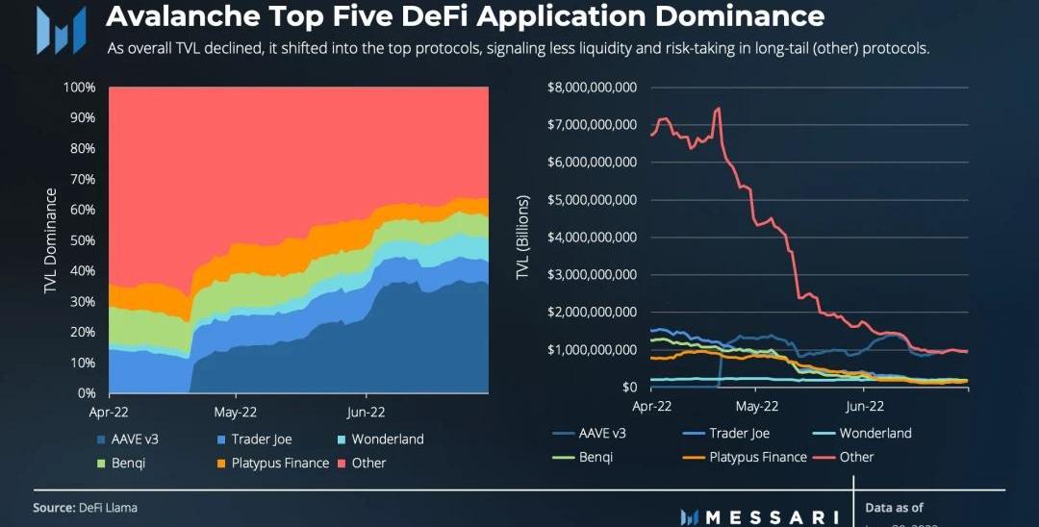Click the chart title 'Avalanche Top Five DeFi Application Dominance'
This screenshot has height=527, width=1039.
coord(464,16)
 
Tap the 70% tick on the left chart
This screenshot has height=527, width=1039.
coord(81,179)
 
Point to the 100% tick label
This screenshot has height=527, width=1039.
coord(79,88)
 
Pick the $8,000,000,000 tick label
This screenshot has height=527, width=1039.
coord(592,88)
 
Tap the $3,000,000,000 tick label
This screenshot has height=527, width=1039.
coord(592,275)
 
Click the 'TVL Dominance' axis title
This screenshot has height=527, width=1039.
coord(51,240)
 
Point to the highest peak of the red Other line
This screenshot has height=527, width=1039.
coord(718,108)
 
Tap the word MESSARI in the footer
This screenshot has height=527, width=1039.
coord(771,517)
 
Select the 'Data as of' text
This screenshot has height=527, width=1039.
coord(894,508)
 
